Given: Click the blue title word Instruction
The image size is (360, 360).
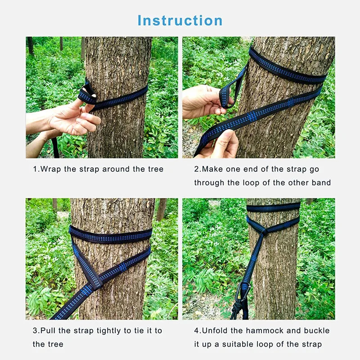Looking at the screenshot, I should (180, 20).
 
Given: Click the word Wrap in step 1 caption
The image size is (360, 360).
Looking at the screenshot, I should (50, 170).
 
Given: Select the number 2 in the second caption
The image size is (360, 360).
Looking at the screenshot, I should (196, 170).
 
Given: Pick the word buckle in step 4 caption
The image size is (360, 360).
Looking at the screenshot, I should (318, 331).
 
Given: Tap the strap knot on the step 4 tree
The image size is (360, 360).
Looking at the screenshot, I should (265, 232).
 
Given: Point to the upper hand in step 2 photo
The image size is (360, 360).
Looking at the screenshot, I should (202, 101).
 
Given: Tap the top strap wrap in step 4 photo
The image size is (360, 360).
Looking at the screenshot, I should (273, 207).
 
